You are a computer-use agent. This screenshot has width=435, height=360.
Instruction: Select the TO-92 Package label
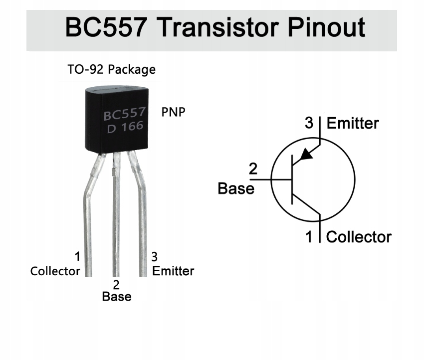pos(111,69)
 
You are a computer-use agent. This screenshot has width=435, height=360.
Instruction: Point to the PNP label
pos(173,112)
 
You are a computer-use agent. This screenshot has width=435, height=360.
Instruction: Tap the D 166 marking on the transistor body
pos(125,127)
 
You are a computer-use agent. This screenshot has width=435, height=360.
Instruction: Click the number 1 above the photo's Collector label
pos(77,257)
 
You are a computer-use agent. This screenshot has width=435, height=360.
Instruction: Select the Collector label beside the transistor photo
pos(55,271)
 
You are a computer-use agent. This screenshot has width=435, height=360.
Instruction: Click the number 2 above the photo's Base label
pos(116,285)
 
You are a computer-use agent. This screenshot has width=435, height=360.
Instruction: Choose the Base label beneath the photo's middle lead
pos(117,297)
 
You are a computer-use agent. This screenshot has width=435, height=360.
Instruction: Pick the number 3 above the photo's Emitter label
pos(155,257)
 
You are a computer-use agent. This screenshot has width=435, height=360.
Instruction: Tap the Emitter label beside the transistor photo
pos(173,271)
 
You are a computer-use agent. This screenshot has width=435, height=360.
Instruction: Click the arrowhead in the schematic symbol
pos(307,153)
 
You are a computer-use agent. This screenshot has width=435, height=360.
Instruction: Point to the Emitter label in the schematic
pos(353,123)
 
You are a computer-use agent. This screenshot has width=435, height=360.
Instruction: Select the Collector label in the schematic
pos(359,237)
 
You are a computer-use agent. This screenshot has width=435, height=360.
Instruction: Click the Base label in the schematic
pos(236,188)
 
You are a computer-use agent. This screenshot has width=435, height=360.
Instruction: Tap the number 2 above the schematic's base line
pos(253,170)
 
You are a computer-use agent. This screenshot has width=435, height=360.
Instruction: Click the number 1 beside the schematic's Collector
pos(309,237)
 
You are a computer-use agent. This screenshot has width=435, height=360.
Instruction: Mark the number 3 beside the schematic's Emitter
pos(309,123)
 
